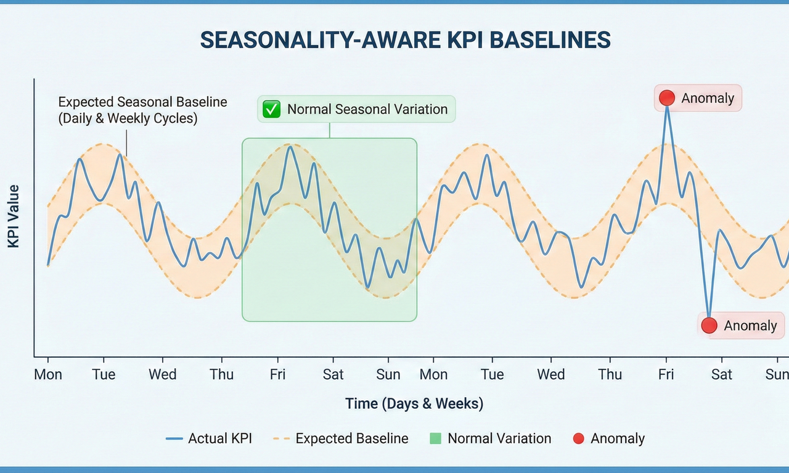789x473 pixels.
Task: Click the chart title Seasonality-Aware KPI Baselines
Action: coord(406,40)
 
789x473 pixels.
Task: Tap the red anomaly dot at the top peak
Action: coord(666,98)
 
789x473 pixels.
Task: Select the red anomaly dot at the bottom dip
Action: coord(709,326)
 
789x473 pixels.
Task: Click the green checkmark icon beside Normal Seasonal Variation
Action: coord(271,109)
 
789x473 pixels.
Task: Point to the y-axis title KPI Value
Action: coord(14,216)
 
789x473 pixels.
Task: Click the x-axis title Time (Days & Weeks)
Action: coord(414,404)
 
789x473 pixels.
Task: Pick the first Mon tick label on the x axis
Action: coord(48,374)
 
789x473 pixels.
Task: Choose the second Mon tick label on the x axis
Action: coord(433,374)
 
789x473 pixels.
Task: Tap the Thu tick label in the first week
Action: coord(221,374)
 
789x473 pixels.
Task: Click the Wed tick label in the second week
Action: coord(550,374)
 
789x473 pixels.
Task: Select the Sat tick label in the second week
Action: coord(721,374)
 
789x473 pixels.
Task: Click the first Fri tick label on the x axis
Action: coord(278,374)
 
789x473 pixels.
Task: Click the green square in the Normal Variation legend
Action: coord(435,438)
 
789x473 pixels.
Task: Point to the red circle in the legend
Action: coord(578,438)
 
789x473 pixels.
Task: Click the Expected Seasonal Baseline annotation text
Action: coord(142,110)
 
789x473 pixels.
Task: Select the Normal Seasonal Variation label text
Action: coord(367,109)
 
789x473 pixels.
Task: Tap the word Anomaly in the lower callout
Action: coord(750,326)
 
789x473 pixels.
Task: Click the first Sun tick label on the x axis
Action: coord(388,374)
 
